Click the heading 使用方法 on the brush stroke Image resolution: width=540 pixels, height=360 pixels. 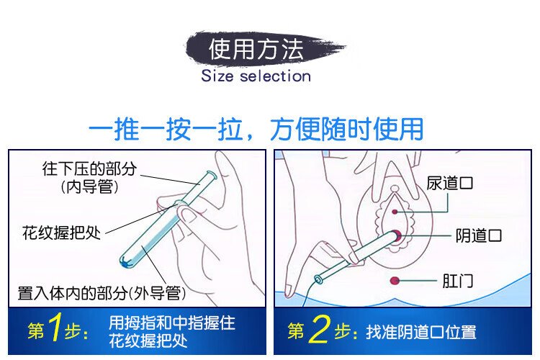(x=256, y=49)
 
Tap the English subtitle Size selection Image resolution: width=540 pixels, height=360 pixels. (x=256, y=76)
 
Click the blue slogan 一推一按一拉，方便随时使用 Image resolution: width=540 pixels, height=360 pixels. (x=256, y=129)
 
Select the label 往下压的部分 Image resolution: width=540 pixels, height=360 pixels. (x=89, y=168)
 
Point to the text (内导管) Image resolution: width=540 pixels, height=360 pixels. (x=89, y=187)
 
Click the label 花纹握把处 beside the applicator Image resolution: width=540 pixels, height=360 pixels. (x=61, y=233)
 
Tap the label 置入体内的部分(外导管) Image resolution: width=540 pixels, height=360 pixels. (x=102, y=293)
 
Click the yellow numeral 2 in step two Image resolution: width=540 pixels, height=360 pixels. (x=319, y=329)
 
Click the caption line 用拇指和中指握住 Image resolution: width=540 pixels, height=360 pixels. (x=172, y=323)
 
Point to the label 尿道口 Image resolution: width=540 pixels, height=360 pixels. (x=449, y=183)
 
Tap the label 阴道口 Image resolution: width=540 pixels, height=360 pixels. (x=479, y=235)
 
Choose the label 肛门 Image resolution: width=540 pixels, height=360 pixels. (x=458, y=281)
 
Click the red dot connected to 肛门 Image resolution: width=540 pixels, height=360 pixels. (x=395, y=281)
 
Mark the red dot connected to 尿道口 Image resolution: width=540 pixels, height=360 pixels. (x=395, y=212)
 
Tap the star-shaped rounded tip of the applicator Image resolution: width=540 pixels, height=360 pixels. (x=125, y=263)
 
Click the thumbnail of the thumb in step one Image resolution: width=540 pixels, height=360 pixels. (x=189, y=215)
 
